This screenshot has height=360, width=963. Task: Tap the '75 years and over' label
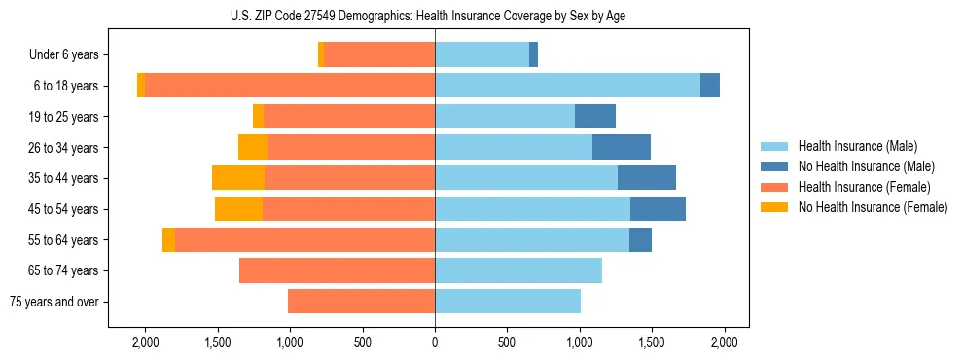click(x=53, y=302)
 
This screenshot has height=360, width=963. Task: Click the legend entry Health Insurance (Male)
click(x=857, y=146)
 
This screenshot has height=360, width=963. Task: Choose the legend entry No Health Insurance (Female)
click(x=873, y=207)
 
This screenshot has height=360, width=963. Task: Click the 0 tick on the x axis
click(x=435, y=342)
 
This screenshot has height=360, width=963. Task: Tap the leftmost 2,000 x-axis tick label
click(x=145, y=342)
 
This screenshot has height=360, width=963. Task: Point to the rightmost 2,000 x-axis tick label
click(x=724, y=342)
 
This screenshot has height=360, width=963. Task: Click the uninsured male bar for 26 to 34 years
click(x=622, y=147)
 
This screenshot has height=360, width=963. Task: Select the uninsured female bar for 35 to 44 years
click(x=238, y=178)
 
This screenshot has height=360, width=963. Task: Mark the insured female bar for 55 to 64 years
click(x=304, y=239)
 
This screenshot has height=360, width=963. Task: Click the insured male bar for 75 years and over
click(x=508, y=302)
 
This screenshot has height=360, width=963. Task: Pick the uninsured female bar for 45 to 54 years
click(x=238, y=209)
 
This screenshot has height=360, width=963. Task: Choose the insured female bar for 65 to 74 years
click(x=337, y=270)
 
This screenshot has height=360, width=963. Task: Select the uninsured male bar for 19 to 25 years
click(x=595, y=117)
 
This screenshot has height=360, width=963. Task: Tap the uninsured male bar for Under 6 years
click(x=534, y=55)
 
